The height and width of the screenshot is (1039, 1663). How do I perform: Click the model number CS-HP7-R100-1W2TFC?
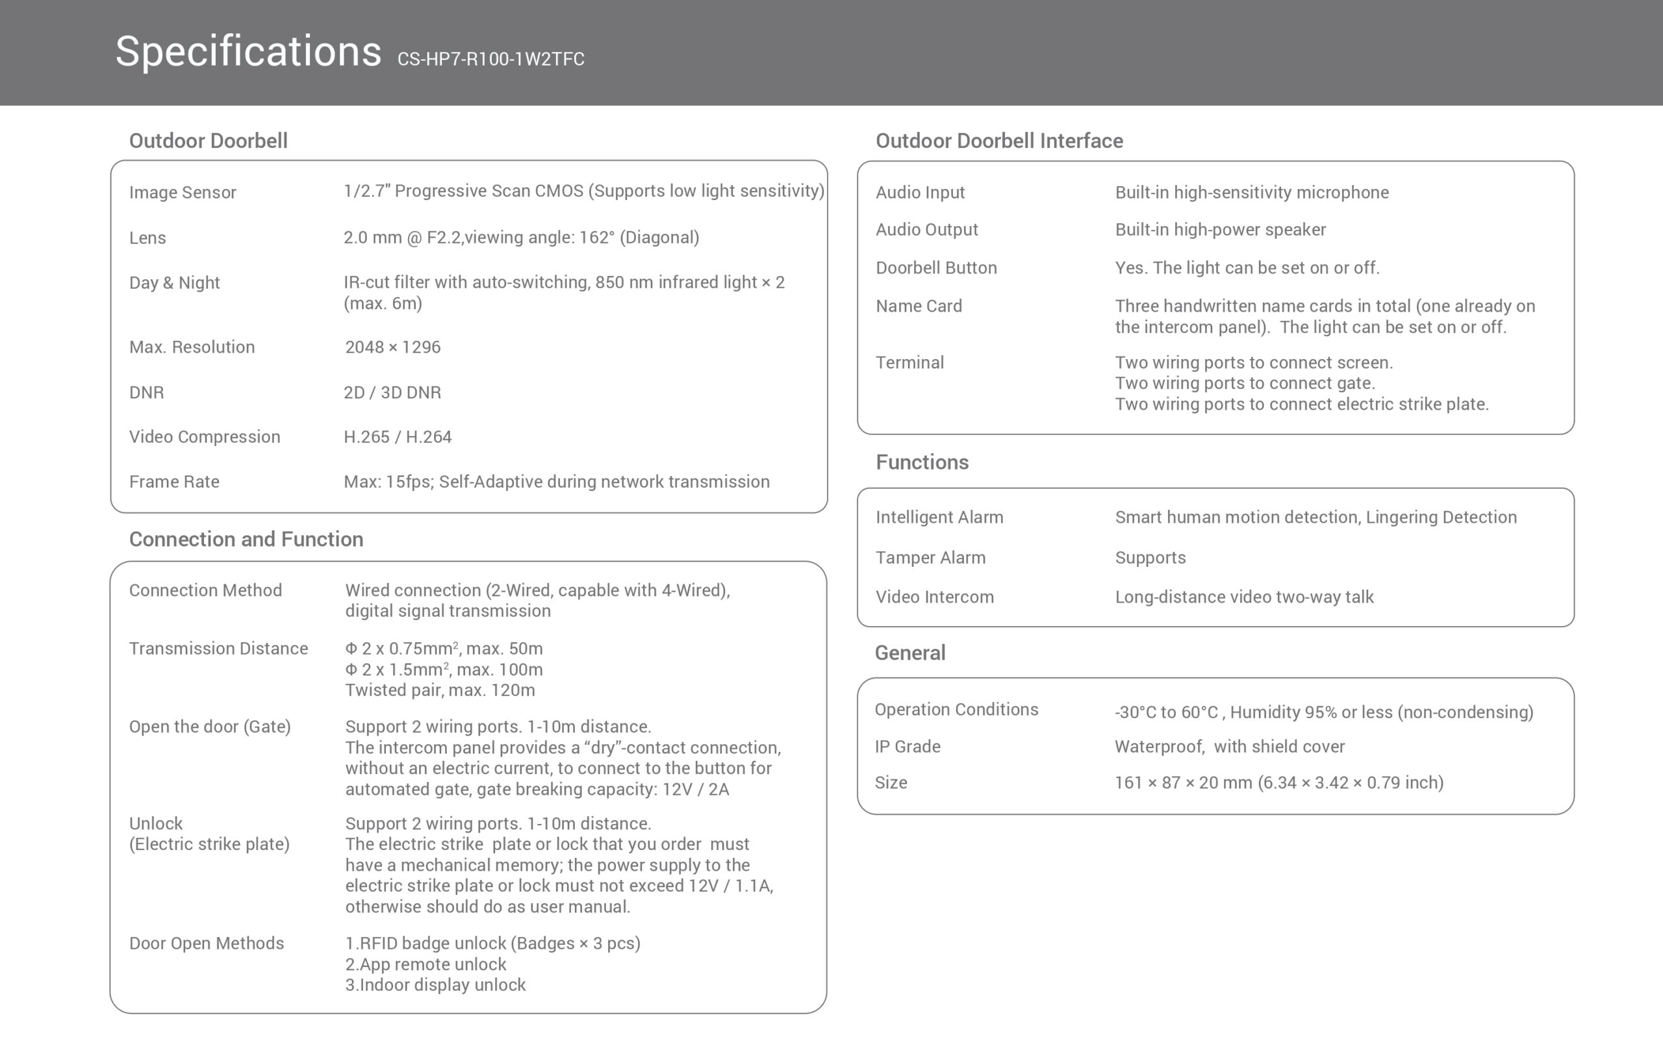click(x=490, y=59)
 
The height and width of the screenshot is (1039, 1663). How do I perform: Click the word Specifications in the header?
click(x=248, y=51)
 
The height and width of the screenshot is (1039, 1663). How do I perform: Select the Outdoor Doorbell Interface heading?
click(x=998, y=141)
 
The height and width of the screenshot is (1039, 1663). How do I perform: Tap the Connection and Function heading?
click(x=246, y=539)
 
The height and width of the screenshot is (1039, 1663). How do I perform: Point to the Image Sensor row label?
click(x=182, y=192)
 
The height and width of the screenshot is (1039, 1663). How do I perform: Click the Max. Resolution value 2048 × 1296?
click(x=392, y=347)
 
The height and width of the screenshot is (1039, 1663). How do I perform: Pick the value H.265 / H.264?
click(x=397, y=437)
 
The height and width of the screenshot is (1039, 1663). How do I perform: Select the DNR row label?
click(x=146, y=392)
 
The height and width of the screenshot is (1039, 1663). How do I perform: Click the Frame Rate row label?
click(x=174, y=482)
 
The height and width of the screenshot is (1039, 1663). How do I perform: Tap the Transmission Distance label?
click(x=218, y=649)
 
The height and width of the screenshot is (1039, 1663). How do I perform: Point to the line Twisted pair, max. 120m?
click(x=439, y=690)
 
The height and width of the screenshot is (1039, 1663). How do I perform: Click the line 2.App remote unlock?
click(x=425, y=964)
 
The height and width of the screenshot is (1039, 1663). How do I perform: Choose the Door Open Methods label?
click(x=206, y=944)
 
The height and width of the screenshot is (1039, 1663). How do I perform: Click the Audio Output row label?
click(x=926, y=229)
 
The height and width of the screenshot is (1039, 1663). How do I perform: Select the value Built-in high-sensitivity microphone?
click(x=1251, y=192)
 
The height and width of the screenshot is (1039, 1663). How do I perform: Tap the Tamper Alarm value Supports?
click(x=1150, y=557)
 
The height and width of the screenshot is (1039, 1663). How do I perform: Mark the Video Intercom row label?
click(x=934, y=597)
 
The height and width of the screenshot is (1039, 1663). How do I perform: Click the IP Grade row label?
click(x=907, y=746)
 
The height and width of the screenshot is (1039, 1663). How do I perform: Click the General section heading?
click(x=909, y=653)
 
